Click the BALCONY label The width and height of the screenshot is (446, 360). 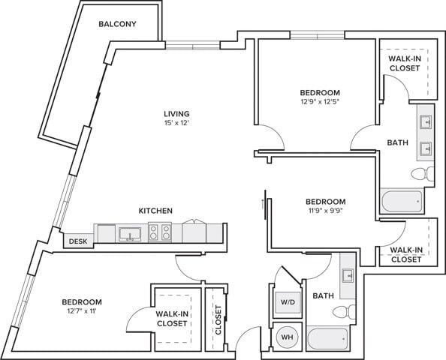(x=117, y=24)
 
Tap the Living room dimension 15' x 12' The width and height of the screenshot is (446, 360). (x=176, y=123)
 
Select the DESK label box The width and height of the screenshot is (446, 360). (x=79, y=241)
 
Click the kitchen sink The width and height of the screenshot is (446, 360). (x=130, y=234)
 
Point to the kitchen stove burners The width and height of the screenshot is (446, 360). (x=160, y=232)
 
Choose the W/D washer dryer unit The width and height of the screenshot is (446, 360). (x=288, y=302)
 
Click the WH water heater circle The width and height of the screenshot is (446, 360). (x=287, y=337)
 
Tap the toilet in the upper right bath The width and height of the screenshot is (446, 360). (x=423, y=173)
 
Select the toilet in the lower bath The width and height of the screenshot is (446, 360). (x=344, y=312)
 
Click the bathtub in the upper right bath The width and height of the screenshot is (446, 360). (x=402, y=201)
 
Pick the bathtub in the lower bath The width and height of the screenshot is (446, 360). (x=327, y=339)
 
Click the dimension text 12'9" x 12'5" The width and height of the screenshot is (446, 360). (x=320, y=102)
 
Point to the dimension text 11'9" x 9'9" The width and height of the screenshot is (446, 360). (x=326, y=211)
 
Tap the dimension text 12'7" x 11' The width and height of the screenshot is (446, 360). (x=82, y=310)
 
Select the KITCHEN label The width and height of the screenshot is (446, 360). (x=155, y=211)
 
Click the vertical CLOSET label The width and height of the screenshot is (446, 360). (x=218, y=319)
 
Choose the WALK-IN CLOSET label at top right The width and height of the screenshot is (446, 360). (x=405, y=63)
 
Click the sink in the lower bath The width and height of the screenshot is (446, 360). (x=348, y=275)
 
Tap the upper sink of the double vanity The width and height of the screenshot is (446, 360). (x=426, y=122)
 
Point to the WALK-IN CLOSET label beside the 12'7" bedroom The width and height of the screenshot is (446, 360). (x=172, y=319)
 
